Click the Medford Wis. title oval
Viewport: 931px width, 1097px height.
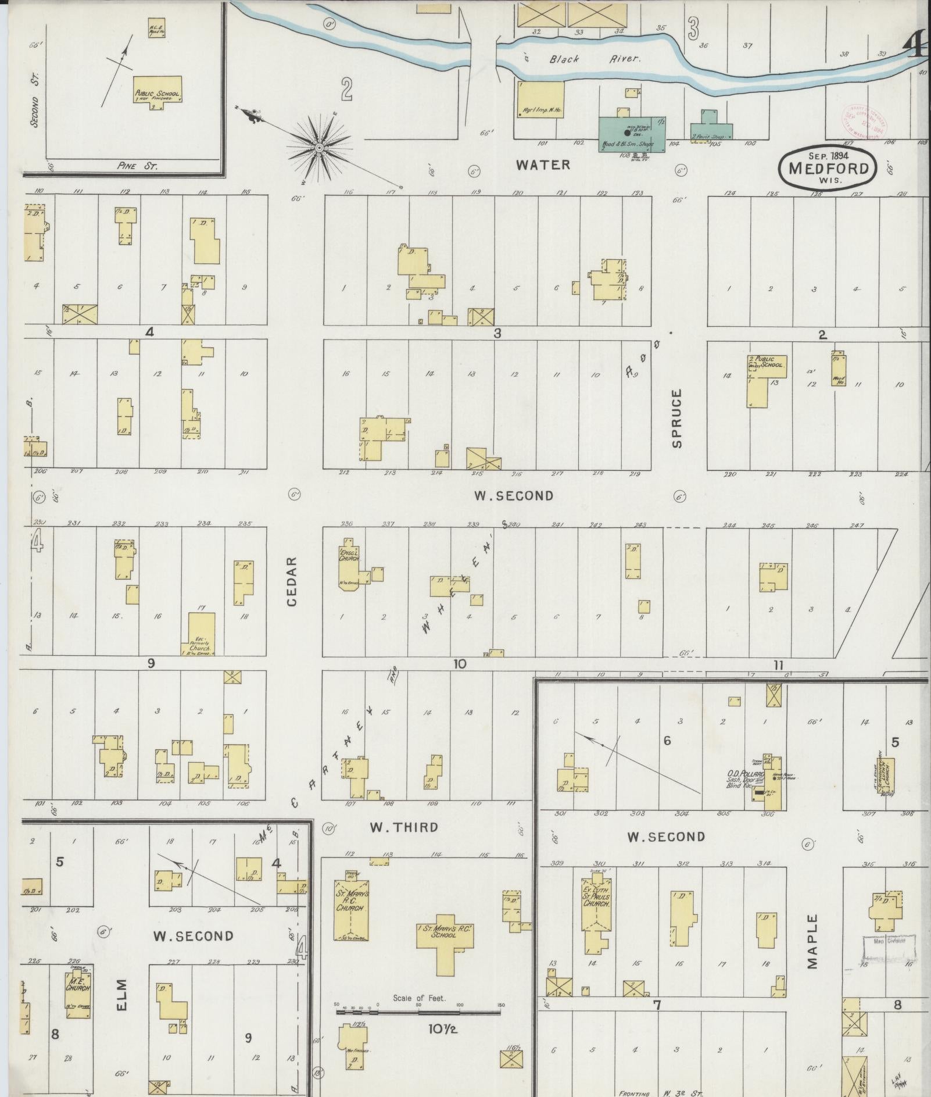coord(828,166)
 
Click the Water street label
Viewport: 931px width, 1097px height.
coord(543,165)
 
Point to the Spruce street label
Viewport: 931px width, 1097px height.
coord(676,419)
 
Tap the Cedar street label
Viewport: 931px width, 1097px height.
coord(292,581)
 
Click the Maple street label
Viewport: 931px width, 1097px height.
coord(812,949)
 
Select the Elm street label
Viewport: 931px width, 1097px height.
coord(122,995)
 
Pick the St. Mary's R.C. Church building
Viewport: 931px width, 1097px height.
coord(350,910)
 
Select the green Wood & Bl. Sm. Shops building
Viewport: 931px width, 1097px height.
coord(632,134)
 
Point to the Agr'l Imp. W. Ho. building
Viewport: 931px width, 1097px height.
coord(540,99)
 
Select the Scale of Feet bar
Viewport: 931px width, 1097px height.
coord(418,1012)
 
